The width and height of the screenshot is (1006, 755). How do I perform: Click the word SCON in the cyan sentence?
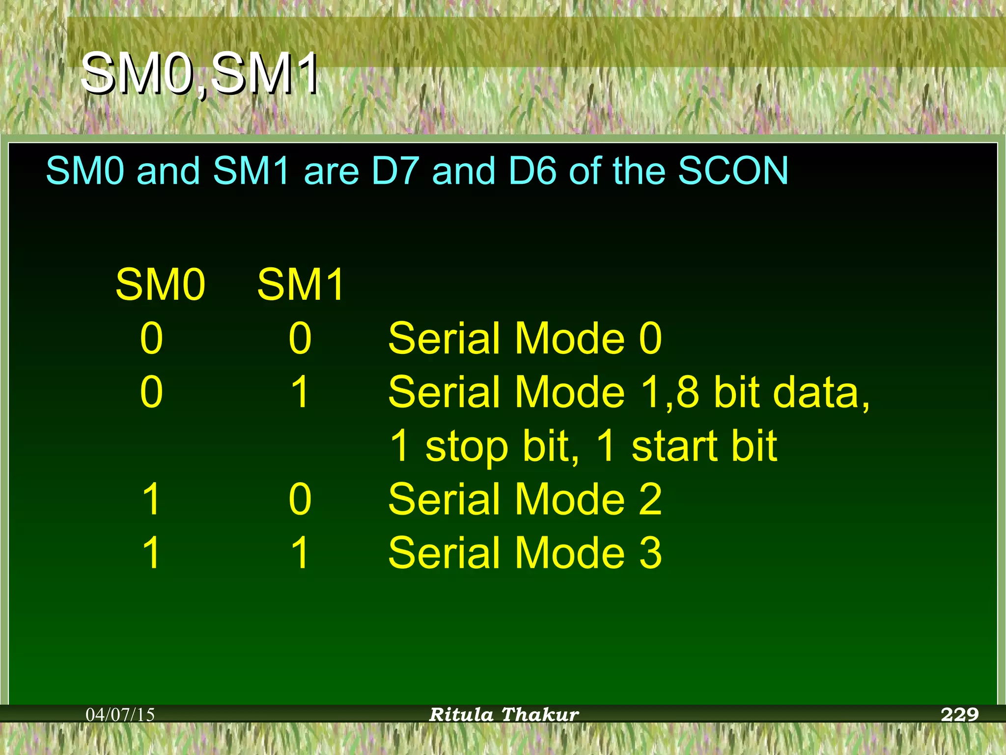pos(733,171)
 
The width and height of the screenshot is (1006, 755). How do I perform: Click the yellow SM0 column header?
pos(160,285)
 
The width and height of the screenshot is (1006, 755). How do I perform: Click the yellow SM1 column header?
pos(301,285)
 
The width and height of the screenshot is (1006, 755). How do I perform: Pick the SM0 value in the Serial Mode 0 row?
pos(151,338)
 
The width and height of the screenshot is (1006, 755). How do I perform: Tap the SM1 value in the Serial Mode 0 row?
pos(300,338)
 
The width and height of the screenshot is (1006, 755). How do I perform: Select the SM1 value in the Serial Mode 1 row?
pos(300,392)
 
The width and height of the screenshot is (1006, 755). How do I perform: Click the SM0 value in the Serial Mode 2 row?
pos(151,499)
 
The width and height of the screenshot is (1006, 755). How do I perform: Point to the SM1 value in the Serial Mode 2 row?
pos(300,499)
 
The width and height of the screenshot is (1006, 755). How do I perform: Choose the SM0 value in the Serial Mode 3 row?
pos(151,552)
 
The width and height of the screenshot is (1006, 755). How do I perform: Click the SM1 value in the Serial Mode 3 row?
pos(300,552)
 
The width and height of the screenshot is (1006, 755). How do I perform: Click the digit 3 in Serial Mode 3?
pos(650,552)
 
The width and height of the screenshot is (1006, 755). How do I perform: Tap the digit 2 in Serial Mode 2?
pos(650,499)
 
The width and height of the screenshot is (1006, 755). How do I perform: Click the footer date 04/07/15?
pos(120,715)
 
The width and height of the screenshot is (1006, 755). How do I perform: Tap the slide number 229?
pos(959,714)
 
